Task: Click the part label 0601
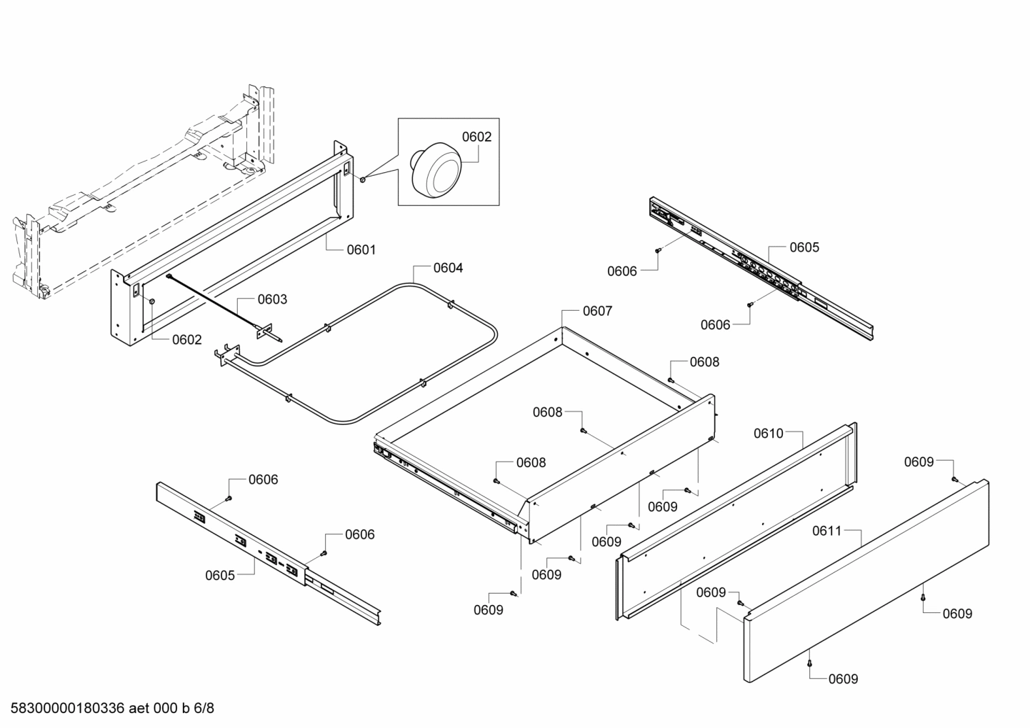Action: (361, 250)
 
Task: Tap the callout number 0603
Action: (272, 299)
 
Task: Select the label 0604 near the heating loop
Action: (448, 269)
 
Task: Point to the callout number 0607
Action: (597, 311)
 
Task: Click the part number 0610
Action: (769, 434)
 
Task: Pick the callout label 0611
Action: (827, 532)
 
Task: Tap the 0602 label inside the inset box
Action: (476, 137)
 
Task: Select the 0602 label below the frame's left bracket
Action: (187, 340)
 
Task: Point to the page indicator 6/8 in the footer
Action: (204, 709)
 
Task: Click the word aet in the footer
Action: (142, 709)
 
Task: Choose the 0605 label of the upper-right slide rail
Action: (804, 248)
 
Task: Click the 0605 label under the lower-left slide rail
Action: (220, 576)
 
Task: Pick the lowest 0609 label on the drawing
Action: (843, 679)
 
